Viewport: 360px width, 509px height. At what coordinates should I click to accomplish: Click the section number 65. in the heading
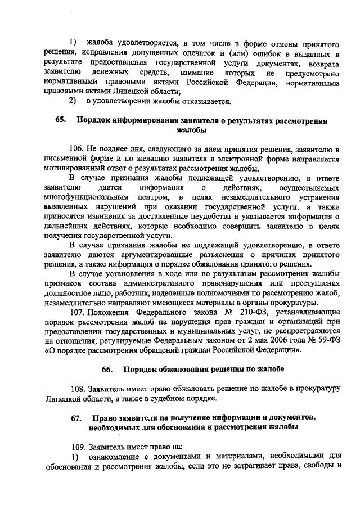click(60, 121)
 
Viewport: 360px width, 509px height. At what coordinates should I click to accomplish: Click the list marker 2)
click(73, 101)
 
